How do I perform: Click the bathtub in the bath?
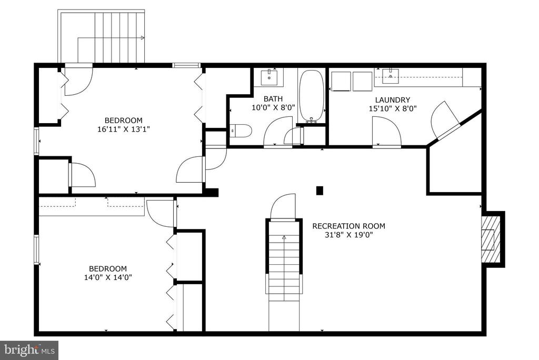(x=312, y=96)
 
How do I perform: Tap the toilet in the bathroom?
(x=241, y=131)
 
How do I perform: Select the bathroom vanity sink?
(x=269, y=77)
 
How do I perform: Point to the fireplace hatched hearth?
(x=488, y=239)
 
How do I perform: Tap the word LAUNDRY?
(x=393, y=100)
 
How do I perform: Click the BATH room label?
(x=273, y=99)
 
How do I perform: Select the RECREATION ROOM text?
(x=348, y=226)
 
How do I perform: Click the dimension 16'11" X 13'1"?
(x=123, y=129)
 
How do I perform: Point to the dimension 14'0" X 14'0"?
(x=108, y=277)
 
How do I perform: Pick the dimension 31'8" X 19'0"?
(x=348, y=235)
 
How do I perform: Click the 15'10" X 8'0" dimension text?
(x=393, y=108)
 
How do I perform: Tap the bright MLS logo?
(x=29, y=351)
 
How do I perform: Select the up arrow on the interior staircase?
(x=284, y=237)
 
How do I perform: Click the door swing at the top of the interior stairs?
(x=283, y=206)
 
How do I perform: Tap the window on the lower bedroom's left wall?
(x=36, y=249)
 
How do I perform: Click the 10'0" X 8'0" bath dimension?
(x=273, y=107)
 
